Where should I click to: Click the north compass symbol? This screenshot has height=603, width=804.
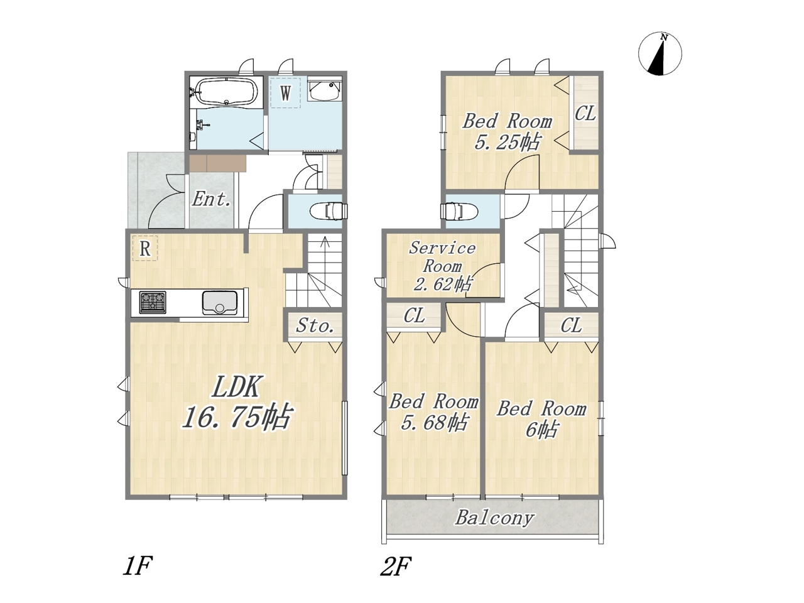pos(660,54)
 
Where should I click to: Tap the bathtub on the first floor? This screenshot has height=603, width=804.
pos(225,92)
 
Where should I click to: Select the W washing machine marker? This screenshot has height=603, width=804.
pos(285,93)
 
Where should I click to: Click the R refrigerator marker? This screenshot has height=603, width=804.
pos(145,248)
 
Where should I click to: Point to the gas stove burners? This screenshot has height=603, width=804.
pos(153,302)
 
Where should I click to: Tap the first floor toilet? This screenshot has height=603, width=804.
pos(327,211)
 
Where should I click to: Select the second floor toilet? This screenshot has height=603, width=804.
pos(459,211)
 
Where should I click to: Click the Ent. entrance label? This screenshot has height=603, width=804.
pos(211,200)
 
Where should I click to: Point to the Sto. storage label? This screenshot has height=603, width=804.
pos(315,325)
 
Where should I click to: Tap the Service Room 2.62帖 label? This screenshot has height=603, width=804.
pos(443,266)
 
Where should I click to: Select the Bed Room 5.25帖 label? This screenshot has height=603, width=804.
pos(508,132)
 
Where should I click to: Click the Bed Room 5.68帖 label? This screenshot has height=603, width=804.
pos(433,412)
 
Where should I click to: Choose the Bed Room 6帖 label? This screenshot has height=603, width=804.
pos(541,418)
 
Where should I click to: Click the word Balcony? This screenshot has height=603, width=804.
pos(494,518)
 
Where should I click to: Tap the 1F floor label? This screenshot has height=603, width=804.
pos(138,566)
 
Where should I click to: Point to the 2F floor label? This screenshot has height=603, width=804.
pos(396,566)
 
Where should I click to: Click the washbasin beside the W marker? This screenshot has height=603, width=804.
pos(325,89)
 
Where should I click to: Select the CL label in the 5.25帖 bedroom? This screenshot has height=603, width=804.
pos(585,113)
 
